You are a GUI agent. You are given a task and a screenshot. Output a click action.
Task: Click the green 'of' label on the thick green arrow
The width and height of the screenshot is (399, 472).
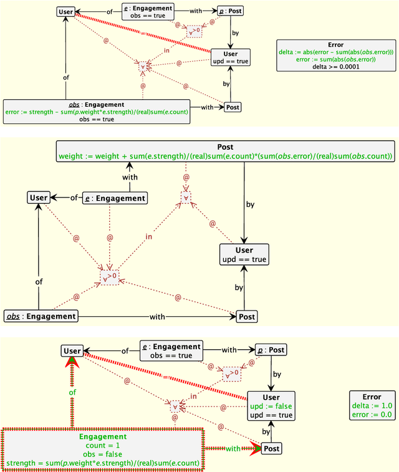[x=72, y=392]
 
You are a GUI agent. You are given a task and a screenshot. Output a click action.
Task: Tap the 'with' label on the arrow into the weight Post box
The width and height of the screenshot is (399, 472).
[x=129, y=178]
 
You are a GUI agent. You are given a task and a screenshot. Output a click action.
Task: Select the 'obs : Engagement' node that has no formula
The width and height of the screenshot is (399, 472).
[x=41, y=316]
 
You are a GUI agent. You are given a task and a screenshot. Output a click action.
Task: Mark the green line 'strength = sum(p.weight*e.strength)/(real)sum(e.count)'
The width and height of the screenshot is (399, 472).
[x=102, y=463]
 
